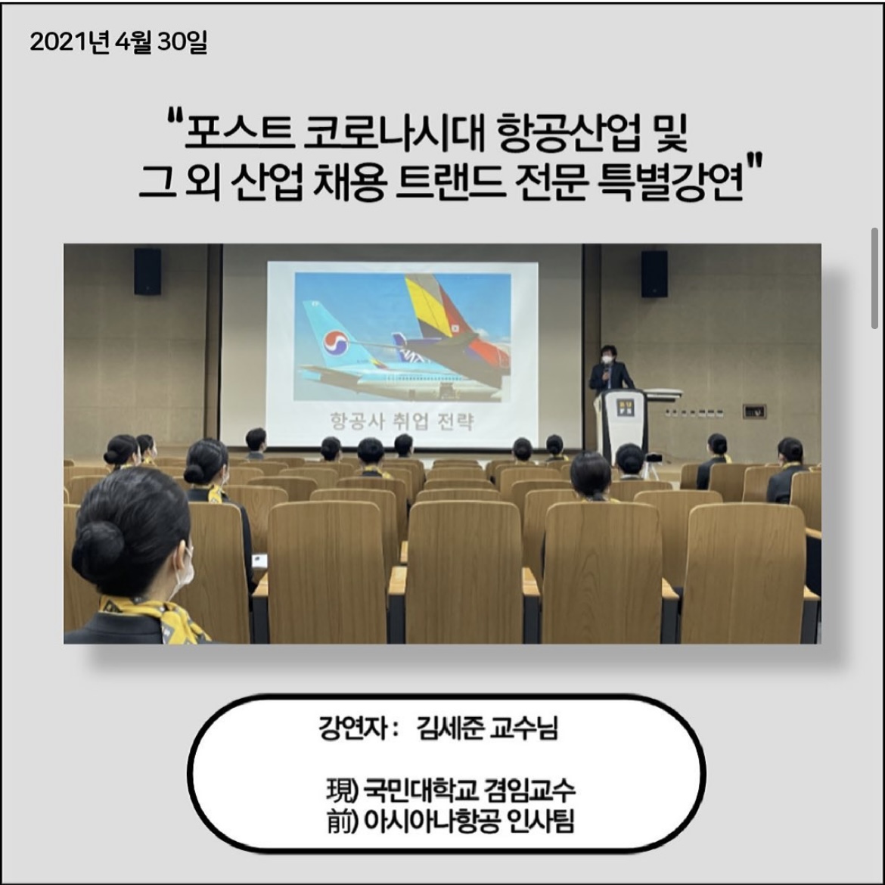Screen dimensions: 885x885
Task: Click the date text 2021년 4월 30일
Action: pyautogui.click(x=119, y=42)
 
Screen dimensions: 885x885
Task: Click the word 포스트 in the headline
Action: pyautogui.click(x=240, y=134)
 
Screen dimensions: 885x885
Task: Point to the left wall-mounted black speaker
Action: pyautogui.click(x=147, y=272)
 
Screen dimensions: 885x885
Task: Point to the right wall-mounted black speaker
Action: pyautogui.click(x=654, y=274)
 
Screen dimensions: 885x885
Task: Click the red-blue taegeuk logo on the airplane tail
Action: pyautogui.click(x=335, y=343)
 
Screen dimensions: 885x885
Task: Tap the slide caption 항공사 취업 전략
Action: pyautogui.click(x=402, y=421)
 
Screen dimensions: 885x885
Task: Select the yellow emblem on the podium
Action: pyautogui.click(x=625, y=408)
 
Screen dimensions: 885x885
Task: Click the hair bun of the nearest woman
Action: pyautogui.click(x=99, y=546)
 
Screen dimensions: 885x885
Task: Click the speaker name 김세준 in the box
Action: pyautogui.click(x=450, y=728)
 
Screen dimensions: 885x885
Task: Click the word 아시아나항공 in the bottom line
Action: pyautogui.click(x=432, y=821)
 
